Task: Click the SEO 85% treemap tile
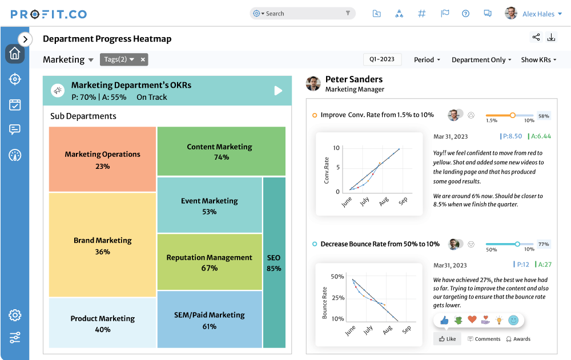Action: pyautogui.click(x=274, y=262)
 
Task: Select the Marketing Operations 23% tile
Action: pyautogui.click(x=102, y=160)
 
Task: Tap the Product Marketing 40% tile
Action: pyautogui.click(x=102, y=323)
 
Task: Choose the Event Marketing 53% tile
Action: pyautogui.click(x=209, y=206)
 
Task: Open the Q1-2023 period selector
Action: pyautogui.click(x=382, y=59)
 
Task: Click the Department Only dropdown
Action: pyautogui.click(x=481, y=60)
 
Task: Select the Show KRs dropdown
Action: pyautogui.click(x=538, y=60)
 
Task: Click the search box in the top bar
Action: pyautogui.click(x=303, y=14)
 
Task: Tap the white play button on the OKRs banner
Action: pyautogui.click(x=278, y=91)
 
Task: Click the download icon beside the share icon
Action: pyautogui.click(x=552, y=38)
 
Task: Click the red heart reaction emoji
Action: pyautogui.click(x=472, y=320)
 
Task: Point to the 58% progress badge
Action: pyautogui.click(x=544, y=116)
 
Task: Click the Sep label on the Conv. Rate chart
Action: pyautogui.click(x=403, y=201)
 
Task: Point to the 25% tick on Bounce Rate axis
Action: pyautogui.click(x=337, y=298)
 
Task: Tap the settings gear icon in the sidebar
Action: pyautogui.click(x=15, y=315)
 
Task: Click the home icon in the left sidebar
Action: pyautogui.click(x=15, y=54)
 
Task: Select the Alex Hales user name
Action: pyautogui.click(x=538, y=14)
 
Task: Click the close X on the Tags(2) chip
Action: pyautogui.click(x=143, y=59)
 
